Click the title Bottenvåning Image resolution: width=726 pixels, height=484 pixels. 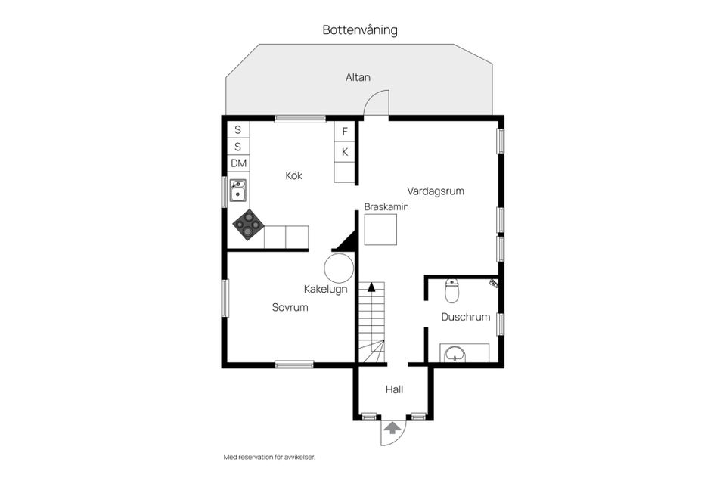click(360, 30)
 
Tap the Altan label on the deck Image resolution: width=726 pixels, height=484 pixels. click(358, 77)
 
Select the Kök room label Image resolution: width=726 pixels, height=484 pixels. click(294, 175)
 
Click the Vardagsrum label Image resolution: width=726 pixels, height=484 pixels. click(436, 191)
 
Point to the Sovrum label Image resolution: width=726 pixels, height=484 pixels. click(290, 308)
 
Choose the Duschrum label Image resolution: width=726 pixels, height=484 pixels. click(466, 318)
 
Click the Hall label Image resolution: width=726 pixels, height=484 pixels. click(394, 390)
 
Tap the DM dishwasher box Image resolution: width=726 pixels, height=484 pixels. click(239, 163)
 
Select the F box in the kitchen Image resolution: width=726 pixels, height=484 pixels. click(345, 132)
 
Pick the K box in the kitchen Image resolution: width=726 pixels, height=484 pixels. click(345, 152)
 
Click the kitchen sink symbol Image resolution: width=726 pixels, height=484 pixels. click(238, 191)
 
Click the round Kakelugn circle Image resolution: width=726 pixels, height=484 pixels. click(339, 268)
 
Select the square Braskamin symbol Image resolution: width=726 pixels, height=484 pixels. click(380, 230)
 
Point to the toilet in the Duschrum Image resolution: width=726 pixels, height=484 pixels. click(452, 290)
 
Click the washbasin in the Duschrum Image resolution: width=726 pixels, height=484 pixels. click(455, 353)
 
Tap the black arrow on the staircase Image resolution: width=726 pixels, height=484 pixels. click(371, 287)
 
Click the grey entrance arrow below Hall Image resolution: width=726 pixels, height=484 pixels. click(392, 428)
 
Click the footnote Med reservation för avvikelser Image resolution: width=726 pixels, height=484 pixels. click(268, 458)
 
